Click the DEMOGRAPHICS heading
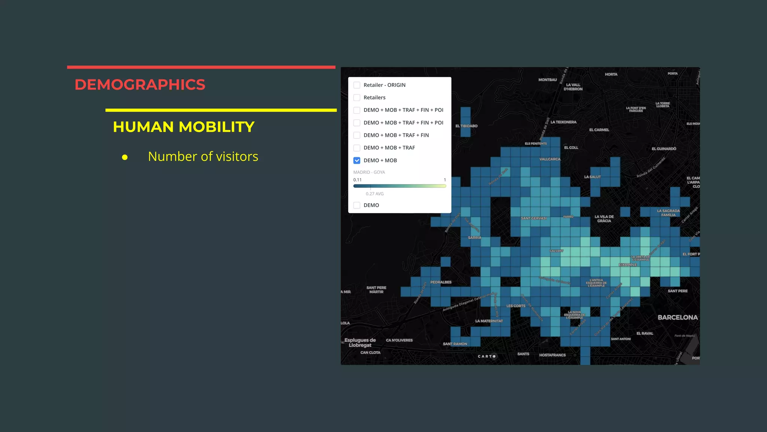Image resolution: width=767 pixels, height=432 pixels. (x=140, y=85)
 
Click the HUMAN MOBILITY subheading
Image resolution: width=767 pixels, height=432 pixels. (x=184, y=127)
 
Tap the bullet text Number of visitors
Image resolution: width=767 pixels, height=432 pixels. (x=203, y=156)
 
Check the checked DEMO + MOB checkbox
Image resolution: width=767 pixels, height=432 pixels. (x=357, y=160)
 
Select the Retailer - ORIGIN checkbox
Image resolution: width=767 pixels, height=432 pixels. (x=357, y=85)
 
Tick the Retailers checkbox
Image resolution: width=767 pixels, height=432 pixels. (x=357, y=97)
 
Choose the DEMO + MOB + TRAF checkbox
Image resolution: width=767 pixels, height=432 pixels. (x=357, y=148)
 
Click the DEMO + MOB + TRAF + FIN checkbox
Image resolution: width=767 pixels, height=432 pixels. (x=357, y=135)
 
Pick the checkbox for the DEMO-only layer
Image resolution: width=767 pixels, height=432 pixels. (x=357, y=205)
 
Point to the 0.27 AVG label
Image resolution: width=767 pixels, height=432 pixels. (x=375, y=194)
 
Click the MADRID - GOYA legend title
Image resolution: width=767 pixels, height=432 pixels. (x=369, y=172)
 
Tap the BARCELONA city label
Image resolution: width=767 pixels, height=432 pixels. (x=677, y=318)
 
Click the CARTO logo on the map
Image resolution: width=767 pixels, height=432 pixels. (x=486, y=356)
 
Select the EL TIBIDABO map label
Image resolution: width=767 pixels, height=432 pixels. (x=466, y=126)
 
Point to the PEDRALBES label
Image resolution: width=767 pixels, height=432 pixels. (x=441, y=282)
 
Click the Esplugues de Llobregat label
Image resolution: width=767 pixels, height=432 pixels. (x=360, y=343)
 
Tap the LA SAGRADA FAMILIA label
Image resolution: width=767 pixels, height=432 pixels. (x=668, y=213)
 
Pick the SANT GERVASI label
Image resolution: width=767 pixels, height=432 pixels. (x=533, y=218)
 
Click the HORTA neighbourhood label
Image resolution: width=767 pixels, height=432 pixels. (x=611, y=75)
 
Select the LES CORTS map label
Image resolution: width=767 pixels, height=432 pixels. (x=516, y=306)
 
